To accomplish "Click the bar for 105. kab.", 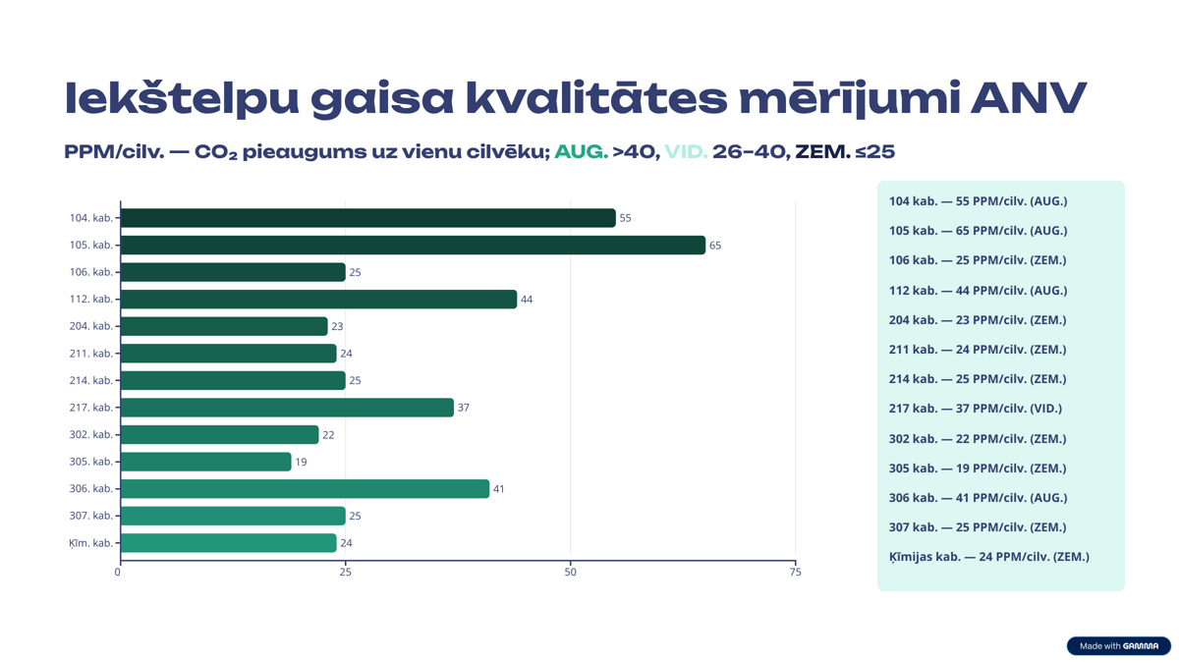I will pos(413,245).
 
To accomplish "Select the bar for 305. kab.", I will pos(205,462).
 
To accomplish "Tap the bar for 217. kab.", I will pos(287,408).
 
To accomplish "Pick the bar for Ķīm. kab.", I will pos(228,543).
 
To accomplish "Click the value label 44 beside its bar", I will pos(527,300).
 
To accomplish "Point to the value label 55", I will pos(625,218).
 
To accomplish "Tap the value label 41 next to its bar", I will pos(499,489).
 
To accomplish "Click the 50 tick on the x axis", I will pos(571,572).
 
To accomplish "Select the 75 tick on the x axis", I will pos(796,572).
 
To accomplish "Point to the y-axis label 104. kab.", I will pos(90,218).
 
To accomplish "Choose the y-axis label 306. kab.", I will pos(90,489).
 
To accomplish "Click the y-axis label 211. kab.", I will pos(90,354).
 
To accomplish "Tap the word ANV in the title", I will pos(1029,98).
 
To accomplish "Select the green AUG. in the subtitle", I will pos(581,152).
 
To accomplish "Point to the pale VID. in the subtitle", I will pos(686,152).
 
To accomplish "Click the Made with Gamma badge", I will pos(1118,645).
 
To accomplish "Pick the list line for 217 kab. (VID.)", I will pos(975,409).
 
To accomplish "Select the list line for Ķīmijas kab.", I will pos(988,557).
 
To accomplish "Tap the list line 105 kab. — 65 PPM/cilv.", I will pos(978,231).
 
